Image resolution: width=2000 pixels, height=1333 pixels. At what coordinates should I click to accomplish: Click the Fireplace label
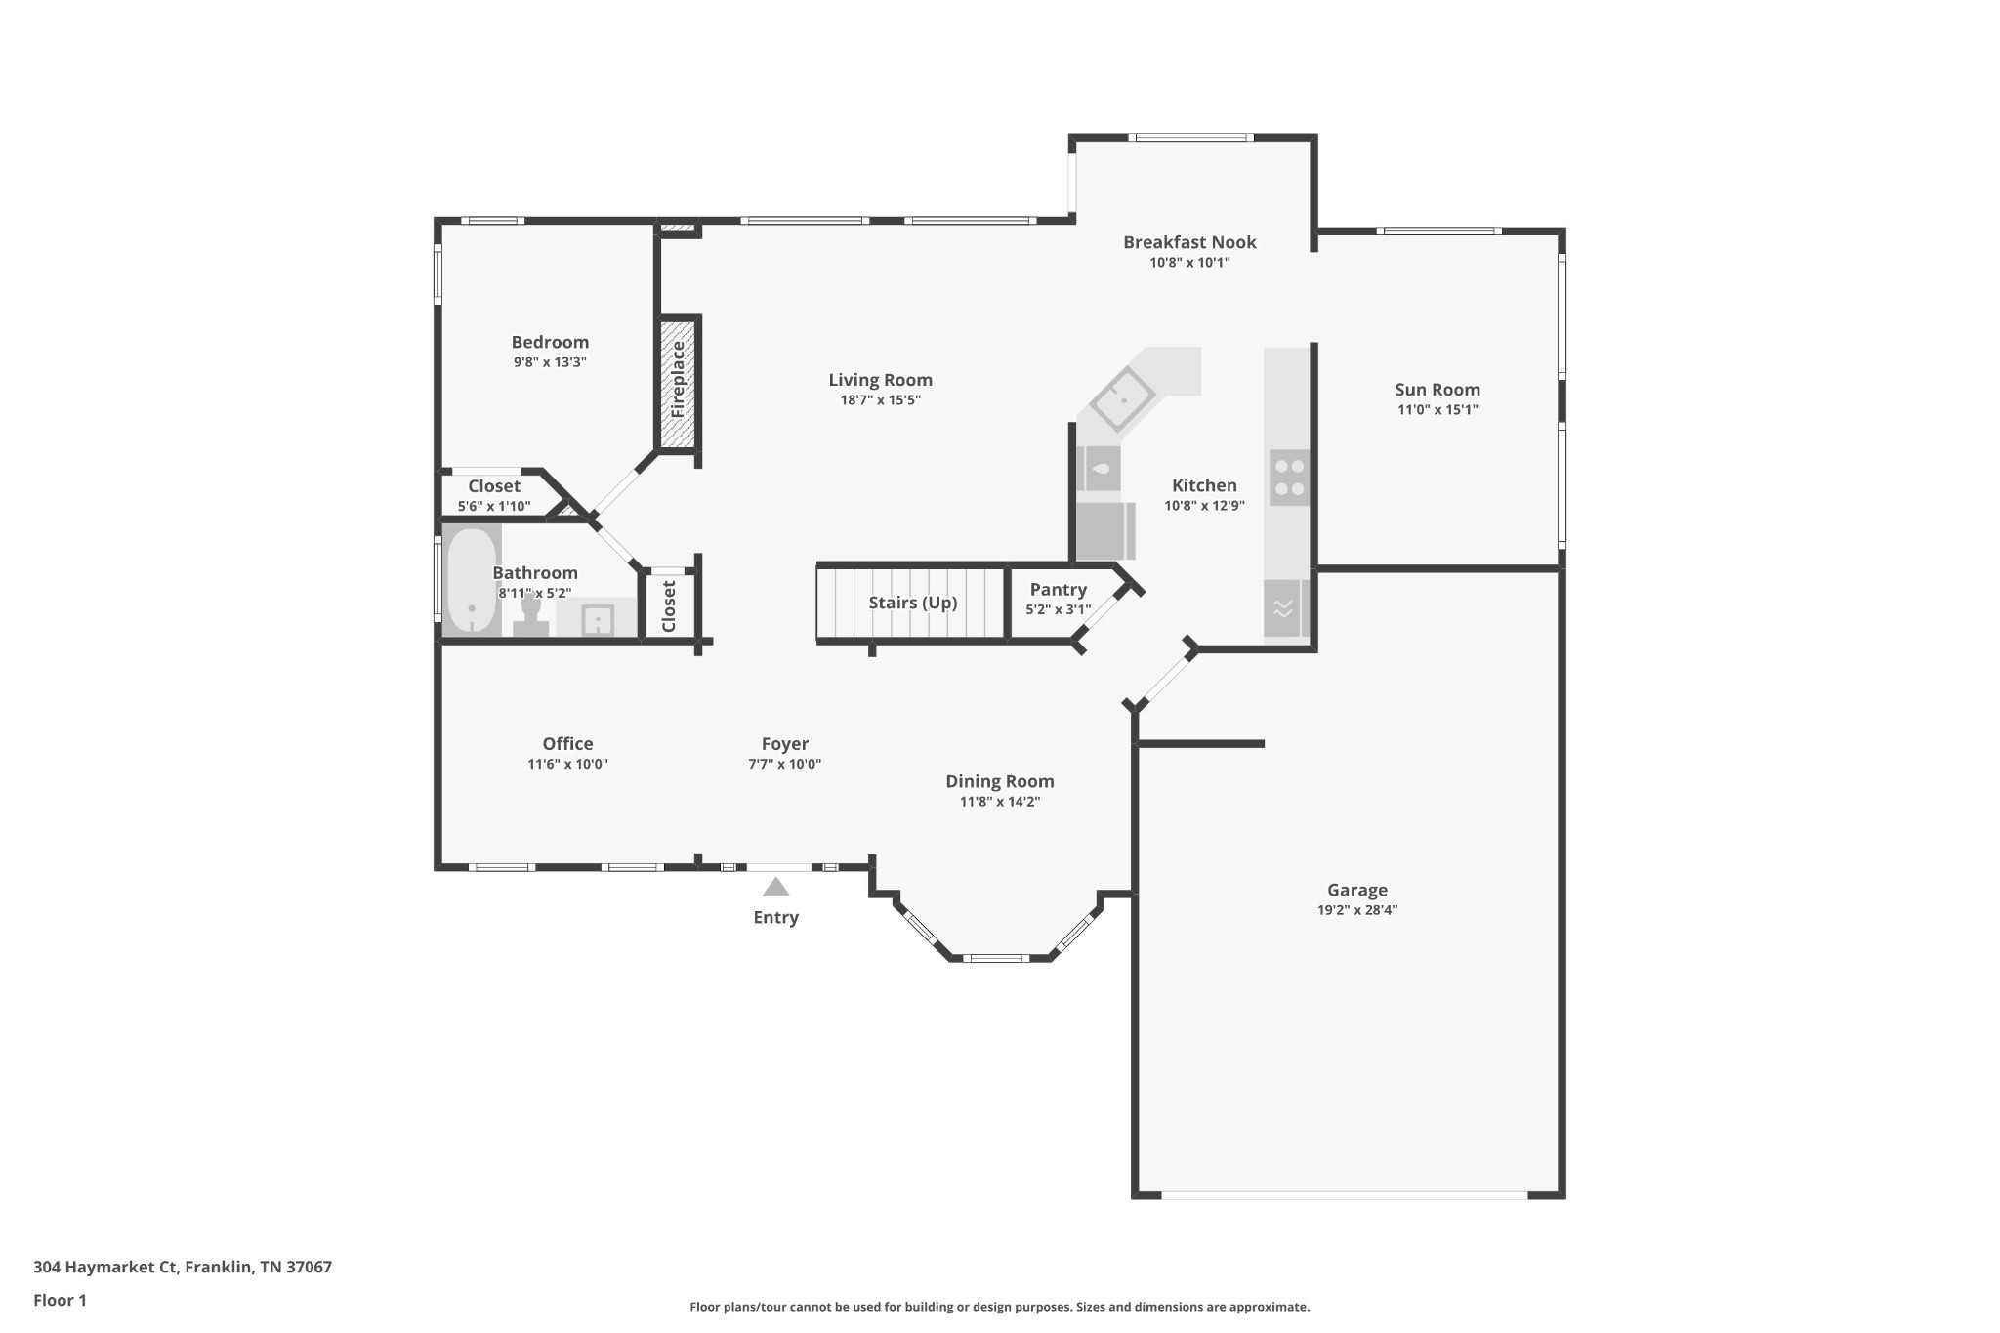tap(678, 380)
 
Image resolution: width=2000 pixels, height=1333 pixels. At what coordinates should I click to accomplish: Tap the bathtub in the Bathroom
tap(472, 580)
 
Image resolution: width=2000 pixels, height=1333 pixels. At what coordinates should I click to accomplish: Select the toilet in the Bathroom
tap(530, 616)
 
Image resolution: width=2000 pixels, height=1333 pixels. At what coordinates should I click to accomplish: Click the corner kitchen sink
tap(1122, 399)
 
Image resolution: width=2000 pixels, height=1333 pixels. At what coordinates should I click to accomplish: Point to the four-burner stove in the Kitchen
tap(1289, 478)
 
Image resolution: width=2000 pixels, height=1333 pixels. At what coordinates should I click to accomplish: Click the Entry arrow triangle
tap(775, 887)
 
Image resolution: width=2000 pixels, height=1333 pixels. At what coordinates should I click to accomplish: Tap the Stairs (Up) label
tap(913, 603)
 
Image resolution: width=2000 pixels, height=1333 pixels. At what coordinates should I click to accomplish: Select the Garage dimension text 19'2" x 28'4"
tap(1357, 910)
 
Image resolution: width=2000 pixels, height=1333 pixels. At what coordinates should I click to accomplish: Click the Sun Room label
tap(1437, 390)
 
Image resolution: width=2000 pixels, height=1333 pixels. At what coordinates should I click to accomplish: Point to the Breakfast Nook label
tap(1189, 242)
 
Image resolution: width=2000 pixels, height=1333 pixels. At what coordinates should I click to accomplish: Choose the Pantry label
tap(1059, 590)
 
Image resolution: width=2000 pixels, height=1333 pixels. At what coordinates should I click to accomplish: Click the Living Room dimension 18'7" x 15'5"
tap(881, 400)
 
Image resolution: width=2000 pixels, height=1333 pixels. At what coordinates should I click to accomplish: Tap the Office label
tap(568, 744)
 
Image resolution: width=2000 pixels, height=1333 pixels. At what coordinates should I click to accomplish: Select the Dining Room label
tap(1000, 781)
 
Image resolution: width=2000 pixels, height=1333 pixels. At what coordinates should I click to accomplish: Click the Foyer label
tap(785, 744)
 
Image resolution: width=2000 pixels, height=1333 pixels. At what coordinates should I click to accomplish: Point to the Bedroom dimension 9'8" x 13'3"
tap(551, 362)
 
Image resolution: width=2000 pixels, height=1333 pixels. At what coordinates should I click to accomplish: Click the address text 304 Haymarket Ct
tap(105, 1267)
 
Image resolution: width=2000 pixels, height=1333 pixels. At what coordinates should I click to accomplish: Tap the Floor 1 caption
tap(61, 1300)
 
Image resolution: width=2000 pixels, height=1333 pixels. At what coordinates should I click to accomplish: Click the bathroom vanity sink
tap(597, 620)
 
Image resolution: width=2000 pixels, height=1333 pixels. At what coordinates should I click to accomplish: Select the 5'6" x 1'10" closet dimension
tap(494, 506)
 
